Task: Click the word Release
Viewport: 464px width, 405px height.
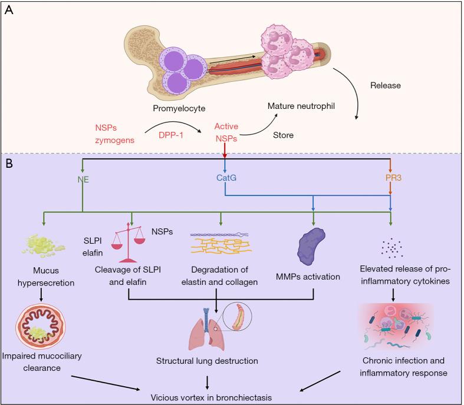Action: coord(386,85)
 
